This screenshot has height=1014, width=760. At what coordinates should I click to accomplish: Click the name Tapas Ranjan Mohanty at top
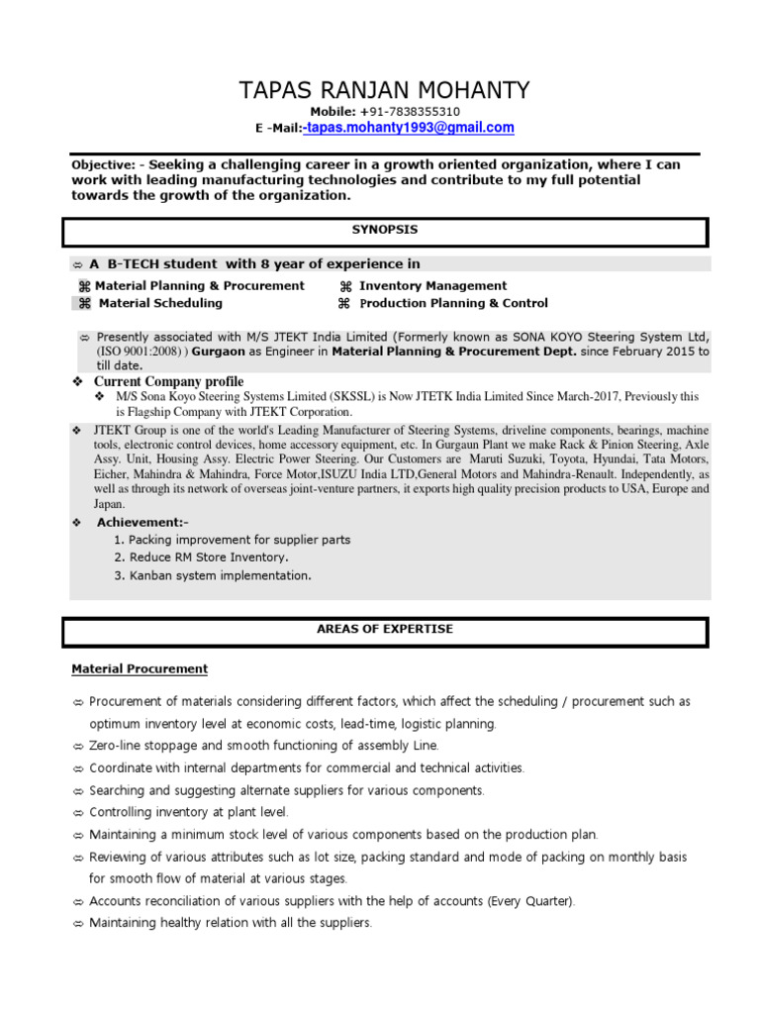point(384,91)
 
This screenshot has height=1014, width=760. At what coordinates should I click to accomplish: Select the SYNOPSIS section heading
point(385,230)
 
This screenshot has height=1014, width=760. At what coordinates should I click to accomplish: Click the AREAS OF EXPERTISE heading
point(385,629)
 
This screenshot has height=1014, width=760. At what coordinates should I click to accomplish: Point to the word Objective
point(102,164)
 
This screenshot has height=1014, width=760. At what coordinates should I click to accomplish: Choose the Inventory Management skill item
point(432,286)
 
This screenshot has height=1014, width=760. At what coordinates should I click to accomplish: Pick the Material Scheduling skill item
point(160,303)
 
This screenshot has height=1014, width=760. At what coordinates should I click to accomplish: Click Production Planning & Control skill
point(453,303)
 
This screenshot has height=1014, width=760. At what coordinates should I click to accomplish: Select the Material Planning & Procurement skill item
point(200,286)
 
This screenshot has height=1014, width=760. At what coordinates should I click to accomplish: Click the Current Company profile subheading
point(168,382)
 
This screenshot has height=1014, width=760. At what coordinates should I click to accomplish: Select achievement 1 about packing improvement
point(233,540)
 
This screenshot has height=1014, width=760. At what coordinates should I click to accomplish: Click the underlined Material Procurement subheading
point(140,669)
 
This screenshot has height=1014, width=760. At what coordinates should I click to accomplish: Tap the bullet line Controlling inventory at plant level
point(188,813)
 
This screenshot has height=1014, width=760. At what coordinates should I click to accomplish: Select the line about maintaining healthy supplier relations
point(230,923)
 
